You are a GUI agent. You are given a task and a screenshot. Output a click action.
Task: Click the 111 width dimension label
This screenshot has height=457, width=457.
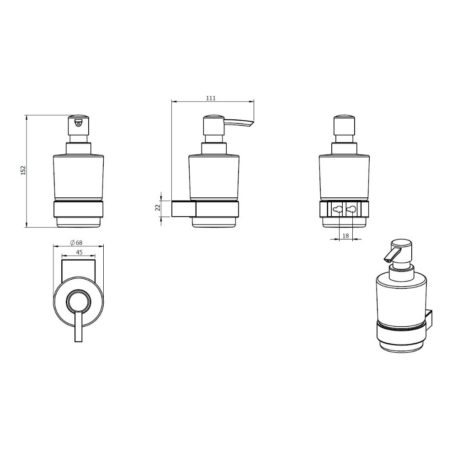coord(211,98)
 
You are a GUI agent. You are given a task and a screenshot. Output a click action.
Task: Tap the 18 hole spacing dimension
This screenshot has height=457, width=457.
coord(345,235)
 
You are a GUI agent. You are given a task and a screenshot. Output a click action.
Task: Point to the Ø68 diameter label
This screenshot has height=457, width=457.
coord(76,243)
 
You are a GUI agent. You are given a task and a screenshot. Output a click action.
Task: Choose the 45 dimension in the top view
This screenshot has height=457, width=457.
coord(79,252)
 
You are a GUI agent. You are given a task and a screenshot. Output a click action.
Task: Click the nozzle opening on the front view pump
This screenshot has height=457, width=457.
coord(78,123)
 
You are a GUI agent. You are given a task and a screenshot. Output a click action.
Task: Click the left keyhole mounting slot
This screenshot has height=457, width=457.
coord(338,209)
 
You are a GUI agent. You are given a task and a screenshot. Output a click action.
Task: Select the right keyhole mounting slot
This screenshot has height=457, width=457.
coord(352,209)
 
